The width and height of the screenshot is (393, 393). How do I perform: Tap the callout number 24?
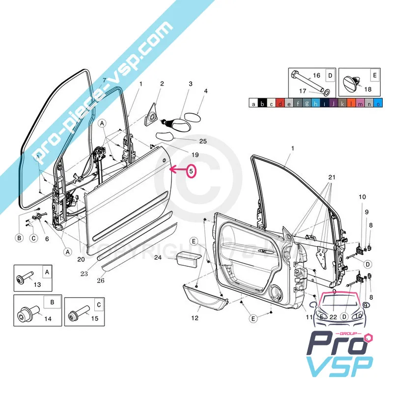point(158,257)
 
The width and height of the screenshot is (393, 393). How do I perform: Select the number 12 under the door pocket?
point(195,318)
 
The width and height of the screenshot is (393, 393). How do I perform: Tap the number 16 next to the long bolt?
point(316,75)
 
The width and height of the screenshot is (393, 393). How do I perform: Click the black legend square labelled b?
point(262,104)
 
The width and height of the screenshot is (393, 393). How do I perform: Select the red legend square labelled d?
point(280,104)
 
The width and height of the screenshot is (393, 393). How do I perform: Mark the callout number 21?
point(332,177)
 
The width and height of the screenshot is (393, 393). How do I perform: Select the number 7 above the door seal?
point(104,80)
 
